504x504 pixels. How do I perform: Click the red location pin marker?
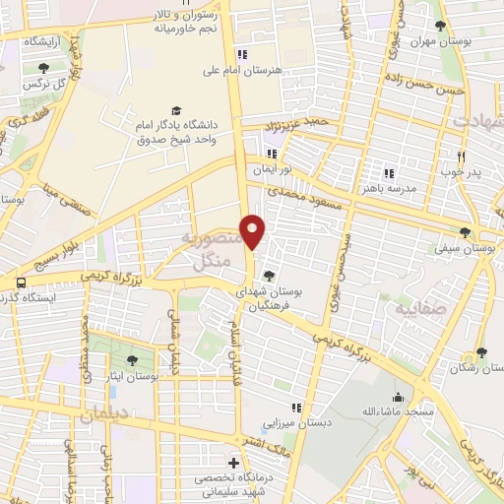[x=254, y=232]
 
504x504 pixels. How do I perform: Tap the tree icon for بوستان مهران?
[x=440, y=26]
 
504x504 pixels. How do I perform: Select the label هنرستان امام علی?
[x=242, y=70]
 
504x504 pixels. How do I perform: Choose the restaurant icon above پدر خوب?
[x=461, y=156]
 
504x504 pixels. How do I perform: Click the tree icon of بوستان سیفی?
[x=465, y=233]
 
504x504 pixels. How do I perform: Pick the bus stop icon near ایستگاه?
[x=20, y=283]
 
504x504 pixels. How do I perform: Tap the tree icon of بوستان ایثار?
[x=133, y=361]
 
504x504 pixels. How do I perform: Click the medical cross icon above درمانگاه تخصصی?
[x=233, y=463]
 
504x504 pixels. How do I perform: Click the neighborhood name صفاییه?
[x=422, y=308]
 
